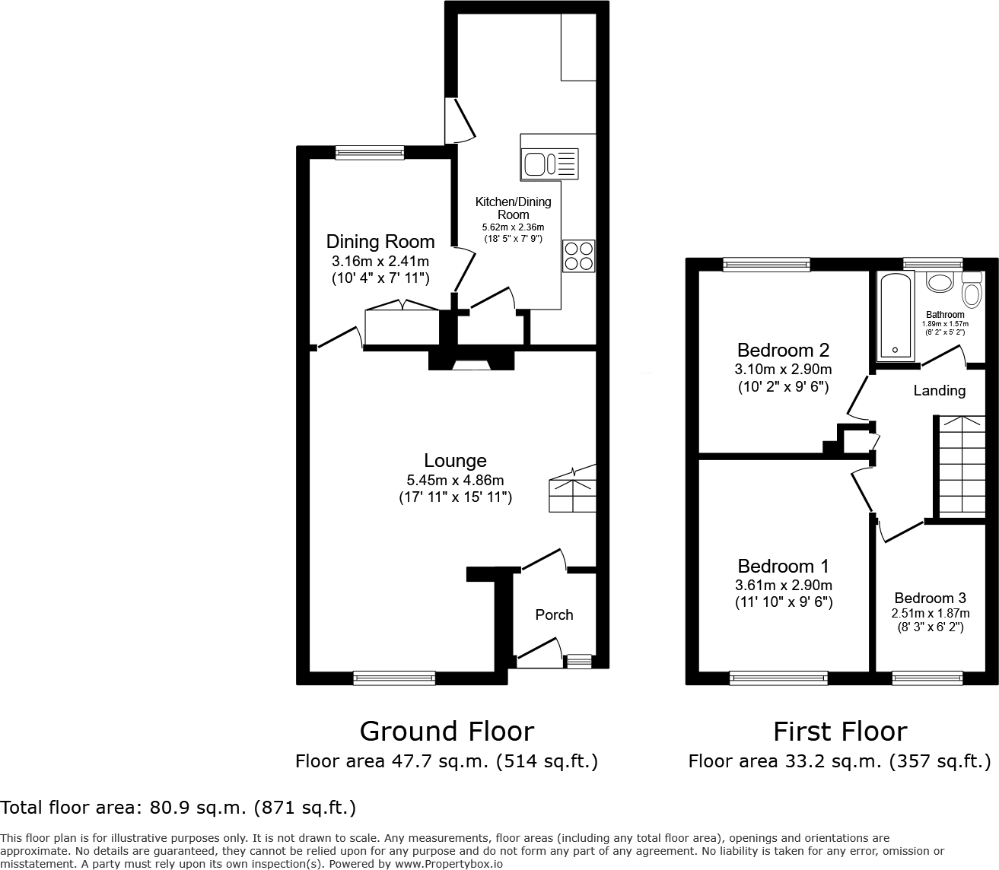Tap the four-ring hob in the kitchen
point(578,256)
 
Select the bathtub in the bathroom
point(896,316)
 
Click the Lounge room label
point(455,460)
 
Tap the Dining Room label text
point(380,241)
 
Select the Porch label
point(554,614)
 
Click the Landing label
point(939,390)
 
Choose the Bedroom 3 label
point(930,598)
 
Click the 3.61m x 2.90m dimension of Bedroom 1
point(783,586)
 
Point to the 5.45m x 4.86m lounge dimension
point(455,480)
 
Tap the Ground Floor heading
point(447,731)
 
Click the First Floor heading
point(840,731)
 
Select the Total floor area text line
point(178,807)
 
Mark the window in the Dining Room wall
point(370,152)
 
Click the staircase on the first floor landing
point(959,465)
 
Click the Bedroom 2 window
point(766,265)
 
